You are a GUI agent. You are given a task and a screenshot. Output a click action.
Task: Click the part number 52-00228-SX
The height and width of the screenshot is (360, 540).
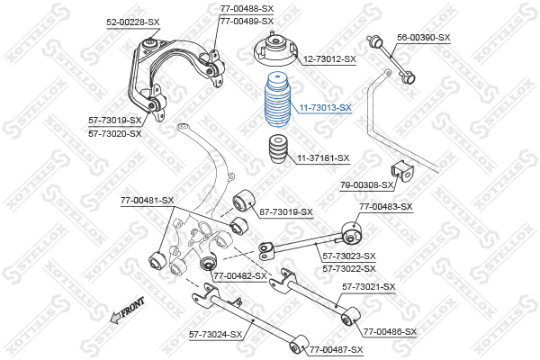(133, 21)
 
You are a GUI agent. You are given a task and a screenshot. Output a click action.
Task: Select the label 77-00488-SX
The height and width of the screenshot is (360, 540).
(247, 8)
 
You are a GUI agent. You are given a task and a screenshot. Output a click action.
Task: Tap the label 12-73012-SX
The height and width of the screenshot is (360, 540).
(329, 59)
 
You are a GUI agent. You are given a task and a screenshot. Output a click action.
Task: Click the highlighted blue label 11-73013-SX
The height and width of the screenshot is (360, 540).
(325, 107)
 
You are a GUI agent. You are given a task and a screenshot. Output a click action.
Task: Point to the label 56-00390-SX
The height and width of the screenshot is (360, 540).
(424, 37)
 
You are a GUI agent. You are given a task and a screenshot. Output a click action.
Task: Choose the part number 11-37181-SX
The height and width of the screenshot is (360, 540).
(323, 157)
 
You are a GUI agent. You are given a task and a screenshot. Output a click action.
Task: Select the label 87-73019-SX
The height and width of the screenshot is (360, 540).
(286, 212)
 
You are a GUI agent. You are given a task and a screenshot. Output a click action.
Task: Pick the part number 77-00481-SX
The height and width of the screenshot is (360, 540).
(147, 201)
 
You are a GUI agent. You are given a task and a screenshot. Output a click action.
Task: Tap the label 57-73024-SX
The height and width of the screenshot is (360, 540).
(216, 334)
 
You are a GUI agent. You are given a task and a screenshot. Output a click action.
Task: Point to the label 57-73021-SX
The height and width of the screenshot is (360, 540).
(369, 287)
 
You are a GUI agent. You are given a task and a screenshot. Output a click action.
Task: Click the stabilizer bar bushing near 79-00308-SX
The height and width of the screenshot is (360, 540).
(401, 171)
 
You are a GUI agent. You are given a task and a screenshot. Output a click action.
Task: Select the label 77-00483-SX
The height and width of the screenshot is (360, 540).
(385, 207)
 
